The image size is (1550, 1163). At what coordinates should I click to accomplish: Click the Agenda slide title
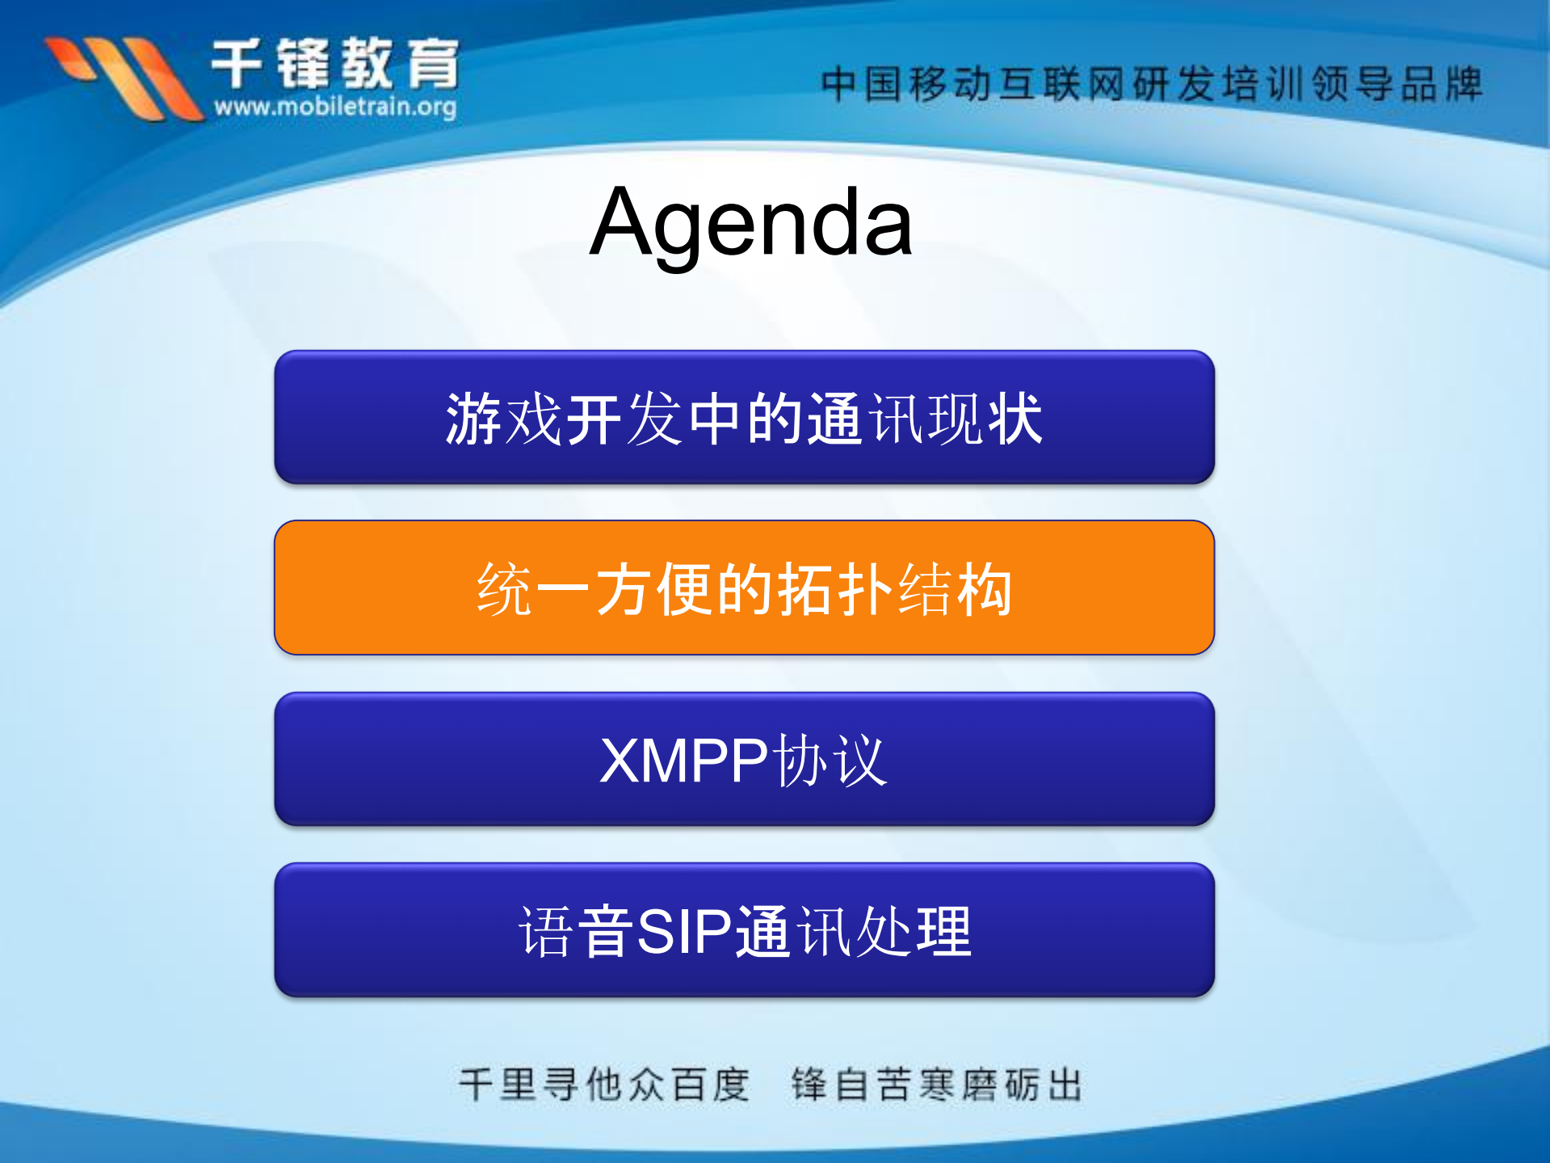tap(751, 222)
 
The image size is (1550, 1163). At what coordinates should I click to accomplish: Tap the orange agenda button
tap(744, 588)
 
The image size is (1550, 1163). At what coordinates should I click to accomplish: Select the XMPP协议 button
tap(744, 759)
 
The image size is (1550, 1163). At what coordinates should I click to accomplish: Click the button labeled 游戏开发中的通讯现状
tap(744, 417)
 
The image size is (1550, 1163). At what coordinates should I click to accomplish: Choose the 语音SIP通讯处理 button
tap(744, 930)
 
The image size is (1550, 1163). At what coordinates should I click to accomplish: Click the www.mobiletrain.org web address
tap(335, 106)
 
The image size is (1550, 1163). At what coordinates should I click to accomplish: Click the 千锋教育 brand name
tap(335, 63)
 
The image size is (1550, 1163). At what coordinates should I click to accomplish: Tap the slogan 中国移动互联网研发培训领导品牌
tap(1151, 84)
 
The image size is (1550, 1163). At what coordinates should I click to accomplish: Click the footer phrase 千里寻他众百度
tap(604, 1084)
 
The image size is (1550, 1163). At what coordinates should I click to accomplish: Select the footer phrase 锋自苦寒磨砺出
tap(937, 1084)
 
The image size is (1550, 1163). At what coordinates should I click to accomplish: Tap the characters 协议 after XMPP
tap(830, 761)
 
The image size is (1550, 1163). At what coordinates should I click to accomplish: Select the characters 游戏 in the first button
tap(504, 419)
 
